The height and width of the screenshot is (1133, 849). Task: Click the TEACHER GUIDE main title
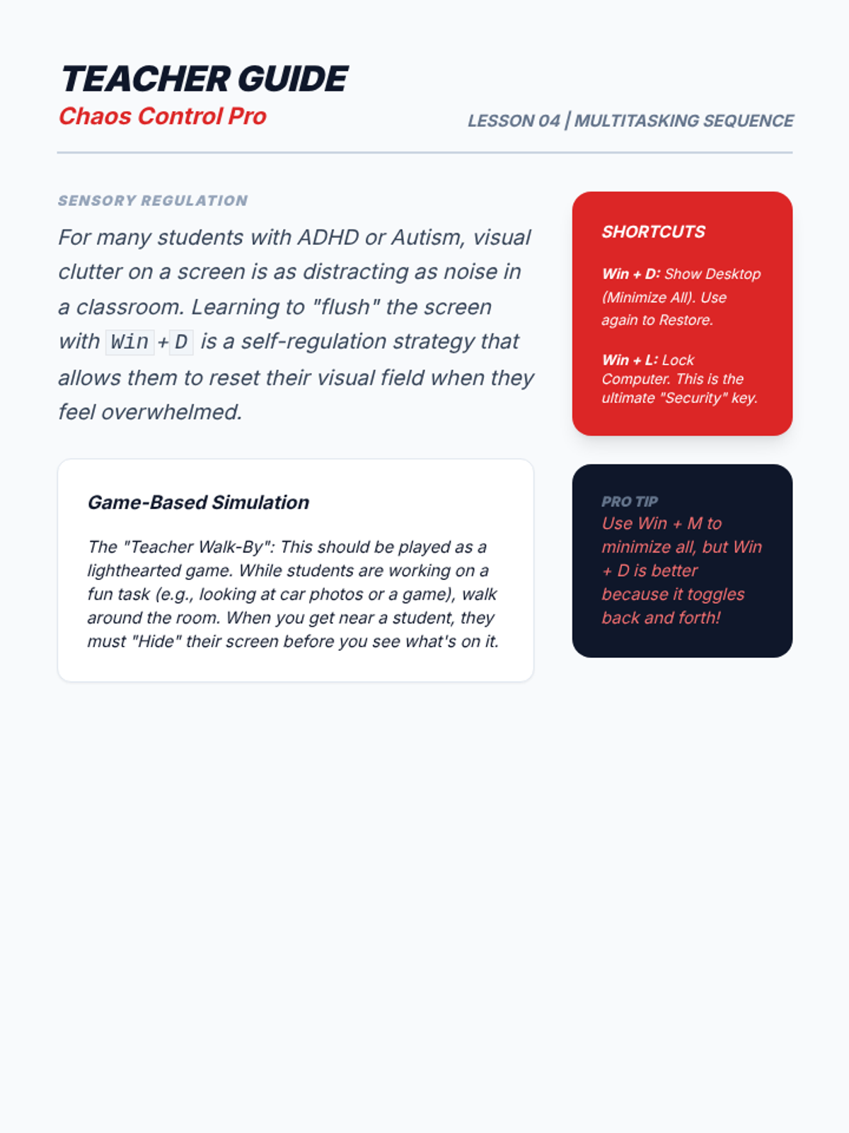point(204,79)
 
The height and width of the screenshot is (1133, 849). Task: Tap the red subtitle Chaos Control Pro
point(162,116)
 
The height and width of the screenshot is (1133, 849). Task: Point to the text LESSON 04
point(514,121)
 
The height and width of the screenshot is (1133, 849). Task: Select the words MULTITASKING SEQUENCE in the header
point(683,121)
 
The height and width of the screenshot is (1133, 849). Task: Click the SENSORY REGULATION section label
point(153,200)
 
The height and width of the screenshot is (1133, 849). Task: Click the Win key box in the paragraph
point(129,342)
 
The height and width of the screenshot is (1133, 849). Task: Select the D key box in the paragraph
point(181,342)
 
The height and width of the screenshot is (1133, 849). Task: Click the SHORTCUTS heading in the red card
point(653,232)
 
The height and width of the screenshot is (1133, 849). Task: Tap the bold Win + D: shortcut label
point(630,274)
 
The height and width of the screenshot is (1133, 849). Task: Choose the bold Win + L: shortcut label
point(630,360)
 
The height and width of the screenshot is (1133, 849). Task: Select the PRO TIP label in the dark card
point(630,501)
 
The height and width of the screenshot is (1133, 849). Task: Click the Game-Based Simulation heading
point(198,502)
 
